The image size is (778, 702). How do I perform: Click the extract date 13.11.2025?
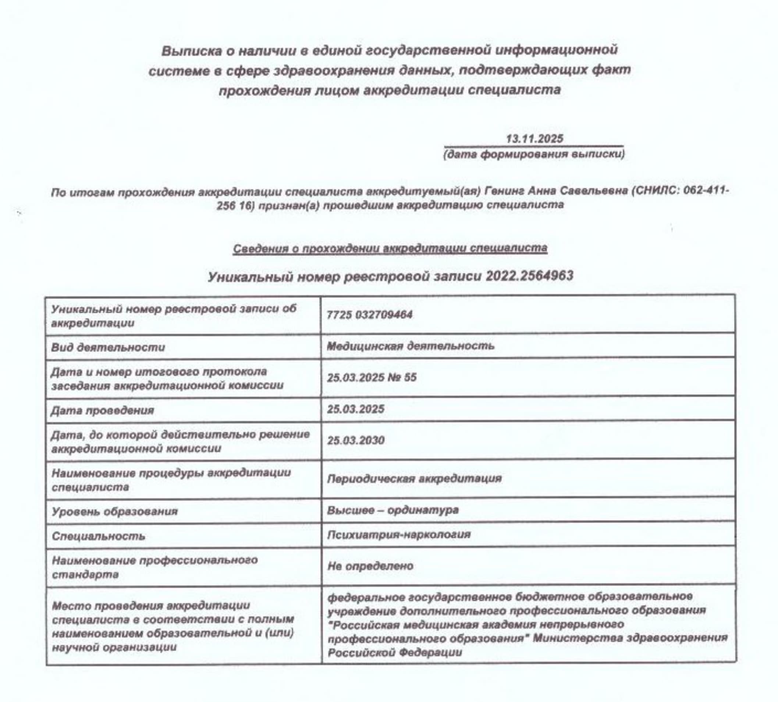coord(534,138)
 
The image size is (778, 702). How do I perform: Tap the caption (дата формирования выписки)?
coord(534,154)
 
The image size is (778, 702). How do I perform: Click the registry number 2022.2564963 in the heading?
coord(529,276)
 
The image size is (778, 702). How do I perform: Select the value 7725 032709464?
coord(369,315)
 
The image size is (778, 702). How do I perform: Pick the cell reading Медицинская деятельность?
coord(410,345)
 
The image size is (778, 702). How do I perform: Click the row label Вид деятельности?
coord(108,347)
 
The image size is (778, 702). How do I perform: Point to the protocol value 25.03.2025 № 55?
coord(372,377)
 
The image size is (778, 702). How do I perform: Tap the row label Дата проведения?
coord(102,410)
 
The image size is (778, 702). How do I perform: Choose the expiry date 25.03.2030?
coord(355,440)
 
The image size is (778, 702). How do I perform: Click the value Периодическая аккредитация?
coord(414,479)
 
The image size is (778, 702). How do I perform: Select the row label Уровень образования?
coord(114,511)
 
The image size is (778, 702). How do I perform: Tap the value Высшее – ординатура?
coord(392,510)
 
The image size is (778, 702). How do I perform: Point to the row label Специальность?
coord(98,536)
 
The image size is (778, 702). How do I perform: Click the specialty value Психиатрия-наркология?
coord(399,535)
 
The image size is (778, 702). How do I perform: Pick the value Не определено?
coord(370,566)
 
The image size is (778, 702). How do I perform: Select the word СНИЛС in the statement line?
coord(653,191)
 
